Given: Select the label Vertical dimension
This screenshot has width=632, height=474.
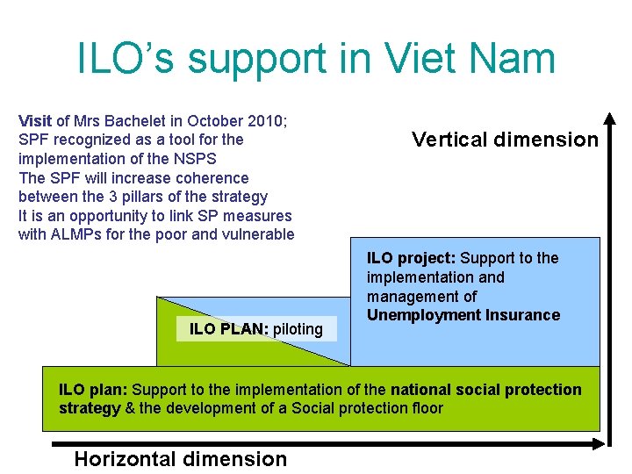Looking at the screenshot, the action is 505,140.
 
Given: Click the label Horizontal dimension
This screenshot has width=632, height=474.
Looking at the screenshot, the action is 181,458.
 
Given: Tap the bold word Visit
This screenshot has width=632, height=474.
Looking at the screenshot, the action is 35,120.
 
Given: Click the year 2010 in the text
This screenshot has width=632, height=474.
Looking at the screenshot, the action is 230,120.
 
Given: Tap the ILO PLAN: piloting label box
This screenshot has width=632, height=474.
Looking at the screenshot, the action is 256,329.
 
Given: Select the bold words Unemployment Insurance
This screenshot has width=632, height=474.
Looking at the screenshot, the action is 463,315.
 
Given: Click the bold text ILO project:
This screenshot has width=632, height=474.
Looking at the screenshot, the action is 411,258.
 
